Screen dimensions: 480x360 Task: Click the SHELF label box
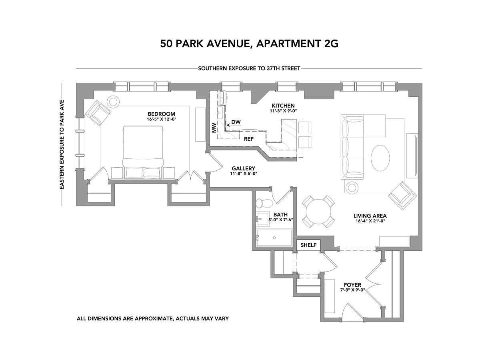pos(308,245)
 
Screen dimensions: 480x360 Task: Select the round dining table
pos(318,212)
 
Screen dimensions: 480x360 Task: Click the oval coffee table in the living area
pos(380,158)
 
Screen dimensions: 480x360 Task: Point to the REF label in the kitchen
pos(249,139)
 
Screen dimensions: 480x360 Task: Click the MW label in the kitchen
pos(214,128)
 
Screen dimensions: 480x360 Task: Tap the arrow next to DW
pos(228,125)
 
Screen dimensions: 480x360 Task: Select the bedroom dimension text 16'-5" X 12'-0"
pos(162,119)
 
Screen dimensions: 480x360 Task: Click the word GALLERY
pos(243,168)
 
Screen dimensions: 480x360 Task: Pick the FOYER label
pos(352,285)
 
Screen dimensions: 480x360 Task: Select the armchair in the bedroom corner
pos(98,113)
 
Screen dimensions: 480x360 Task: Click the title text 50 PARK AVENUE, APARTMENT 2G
pos(249,44)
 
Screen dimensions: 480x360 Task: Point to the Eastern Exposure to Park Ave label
pos(62,144)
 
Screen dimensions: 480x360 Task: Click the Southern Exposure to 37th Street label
pos(249,68)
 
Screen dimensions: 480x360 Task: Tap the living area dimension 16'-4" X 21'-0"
pos(370,221)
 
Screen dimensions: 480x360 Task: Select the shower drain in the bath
pos(274,238)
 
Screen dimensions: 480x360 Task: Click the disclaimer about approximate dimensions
pos(153,318)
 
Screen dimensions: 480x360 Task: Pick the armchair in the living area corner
pos(402,196)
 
